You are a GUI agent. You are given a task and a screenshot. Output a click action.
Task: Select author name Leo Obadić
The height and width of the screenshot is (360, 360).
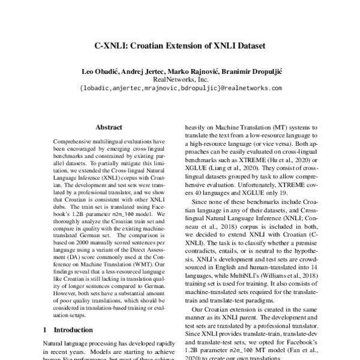click(x=100, y=71)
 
